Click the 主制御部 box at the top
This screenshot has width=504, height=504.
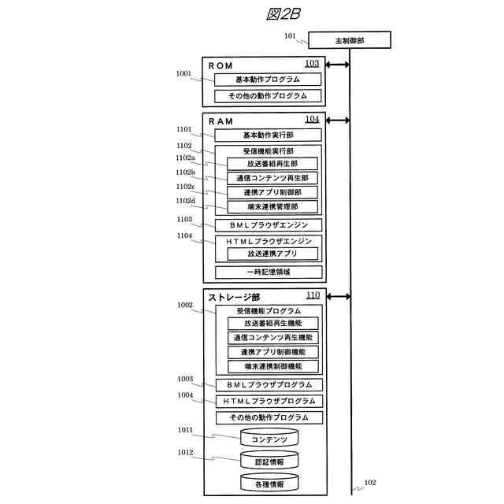coord(350,39)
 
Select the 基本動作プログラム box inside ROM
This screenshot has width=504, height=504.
coord(268,80)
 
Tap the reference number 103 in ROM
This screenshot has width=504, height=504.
coord(312,64)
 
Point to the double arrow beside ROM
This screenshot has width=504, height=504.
coord(338,65)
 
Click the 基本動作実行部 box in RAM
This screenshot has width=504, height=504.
coord(268,135)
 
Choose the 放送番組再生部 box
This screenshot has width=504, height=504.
coord(272,164)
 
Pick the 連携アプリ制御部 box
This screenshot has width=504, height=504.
coord(272,192)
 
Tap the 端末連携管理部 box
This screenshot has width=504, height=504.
coord(272,206)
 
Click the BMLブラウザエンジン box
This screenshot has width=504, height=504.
coord(269,225)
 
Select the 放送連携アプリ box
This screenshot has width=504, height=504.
coord(272,254)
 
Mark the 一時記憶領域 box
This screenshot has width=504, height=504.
coord(269,272)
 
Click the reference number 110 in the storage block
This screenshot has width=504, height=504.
coord(313,295)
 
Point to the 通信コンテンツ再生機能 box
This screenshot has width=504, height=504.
coord(272,337)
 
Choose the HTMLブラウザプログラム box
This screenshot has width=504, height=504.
coord(269,401)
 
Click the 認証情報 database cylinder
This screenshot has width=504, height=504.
coord(269,461)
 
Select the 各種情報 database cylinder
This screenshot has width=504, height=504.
coord(269,482)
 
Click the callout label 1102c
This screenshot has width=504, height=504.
coord(185,187)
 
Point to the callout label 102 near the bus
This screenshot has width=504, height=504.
coord(370,483)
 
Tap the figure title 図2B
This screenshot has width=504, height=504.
coord(283,13)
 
